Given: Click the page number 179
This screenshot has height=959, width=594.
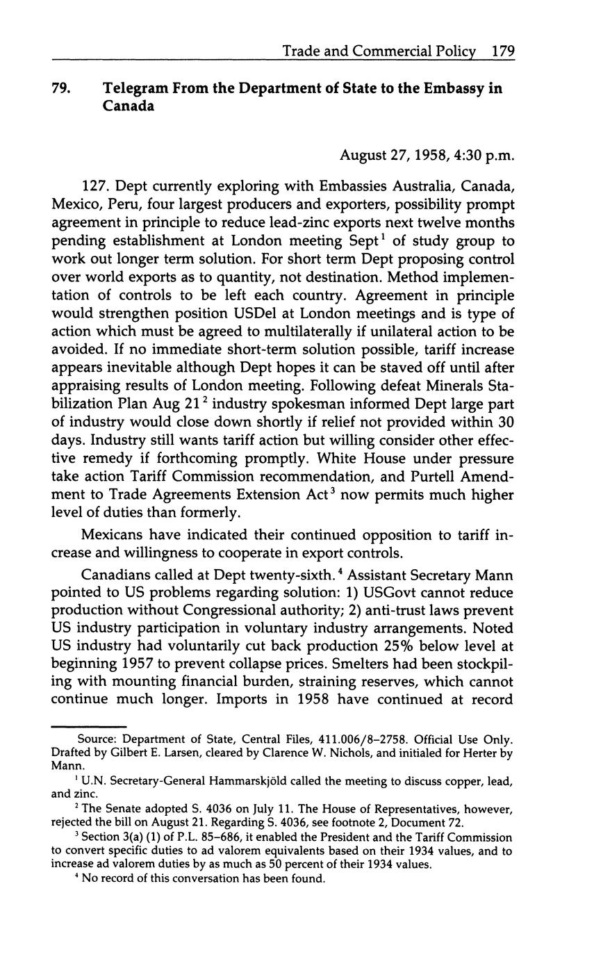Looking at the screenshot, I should click(x=502, y=51).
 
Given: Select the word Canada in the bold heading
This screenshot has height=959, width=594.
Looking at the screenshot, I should click(x=129, y=108).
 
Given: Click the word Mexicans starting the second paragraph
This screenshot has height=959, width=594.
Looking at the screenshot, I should click(x=110, y=535).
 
